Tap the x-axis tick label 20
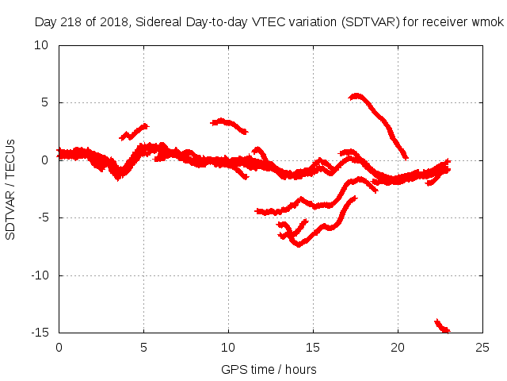(398, 347)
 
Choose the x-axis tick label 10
(228, 347)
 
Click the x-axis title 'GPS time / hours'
(270, 369)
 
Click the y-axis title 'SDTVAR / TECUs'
(11, 189)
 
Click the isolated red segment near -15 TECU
(442, 326)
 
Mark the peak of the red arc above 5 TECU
(357, 96)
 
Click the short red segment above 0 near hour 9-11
(229, 124)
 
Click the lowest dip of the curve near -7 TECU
(299, 244)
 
